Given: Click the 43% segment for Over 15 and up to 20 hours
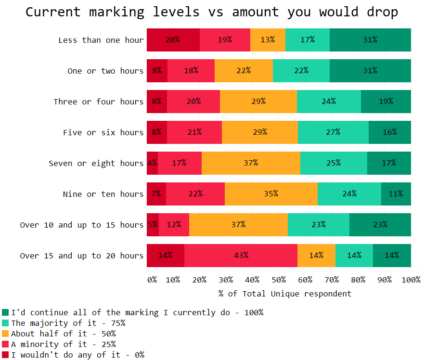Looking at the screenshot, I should [x=241, y=256].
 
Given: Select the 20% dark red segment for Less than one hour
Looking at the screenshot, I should [x=173, y=40].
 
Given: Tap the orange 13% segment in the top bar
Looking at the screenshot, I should [x=268, y=40].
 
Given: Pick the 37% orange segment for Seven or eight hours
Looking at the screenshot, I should [x=251, y=163].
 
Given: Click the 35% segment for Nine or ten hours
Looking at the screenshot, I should [x=271, y=194].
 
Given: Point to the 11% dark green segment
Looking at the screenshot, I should [x=396, y=194].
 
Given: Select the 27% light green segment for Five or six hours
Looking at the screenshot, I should [x=333, y=132].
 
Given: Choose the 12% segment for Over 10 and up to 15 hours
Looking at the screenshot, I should [x=174, y=225].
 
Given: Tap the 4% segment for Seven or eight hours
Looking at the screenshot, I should [x=152, y=163].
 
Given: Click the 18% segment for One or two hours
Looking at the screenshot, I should [x=191, y=71].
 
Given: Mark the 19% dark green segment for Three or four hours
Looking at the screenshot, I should [x=385, y=102].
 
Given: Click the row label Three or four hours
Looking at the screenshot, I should [x=98, y=102].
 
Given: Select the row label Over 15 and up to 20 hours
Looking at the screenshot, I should [x=81, y=256].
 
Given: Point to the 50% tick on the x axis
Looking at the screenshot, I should [x=279, y=280].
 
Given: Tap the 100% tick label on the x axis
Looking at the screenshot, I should [x=411, y=280].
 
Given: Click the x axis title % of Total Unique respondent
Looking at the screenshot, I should [x=285, y=294].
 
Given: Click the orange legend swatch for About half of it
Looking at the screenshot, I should [x=5, y=334].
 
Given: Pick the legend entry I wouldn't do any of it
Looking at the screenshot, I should [x=77, y=355].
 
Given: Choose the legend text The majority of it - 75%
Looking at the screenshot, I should [x=68, y=323].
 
